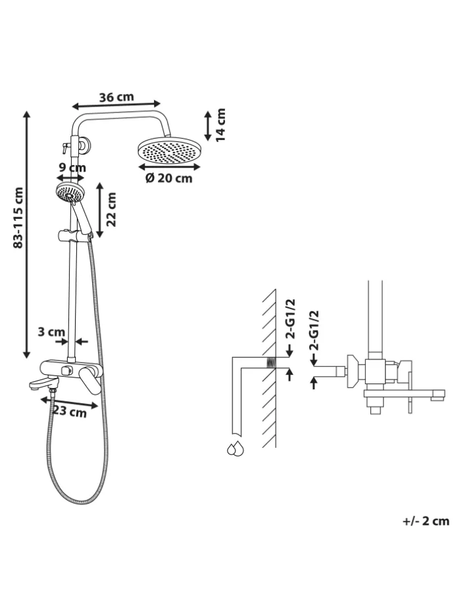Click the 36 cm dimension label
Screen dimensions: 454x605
(116, 97)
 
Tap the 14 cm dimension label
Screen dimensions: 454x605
(220, 125)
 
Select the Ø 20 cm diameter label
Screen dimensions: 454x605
(168, 178)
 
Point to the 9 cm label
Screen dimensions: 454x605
(72, 168)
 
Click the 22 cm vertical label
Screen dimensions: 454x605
(111, 210)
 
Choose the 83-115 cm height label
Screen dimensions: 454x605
(18, 218)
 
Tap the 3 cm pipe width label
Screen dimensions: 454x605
(51, 331)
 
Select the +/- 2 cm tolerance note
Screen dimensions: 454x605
(426, 521)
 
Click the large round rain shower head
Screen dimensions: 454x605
(168, 152)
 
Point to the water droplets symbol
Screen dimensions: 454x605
(236, 448)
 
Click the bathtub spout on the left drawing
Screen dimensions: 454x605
(43, 383)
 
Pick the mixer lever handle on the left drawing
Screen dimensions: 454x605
(91, 381)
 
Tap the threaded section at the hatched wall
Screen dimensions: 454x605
(271, 363)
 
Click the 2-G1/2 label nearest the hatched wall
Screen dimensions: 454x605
(290, 319)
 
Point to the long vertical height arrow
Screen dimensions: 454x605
(26, 235)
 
